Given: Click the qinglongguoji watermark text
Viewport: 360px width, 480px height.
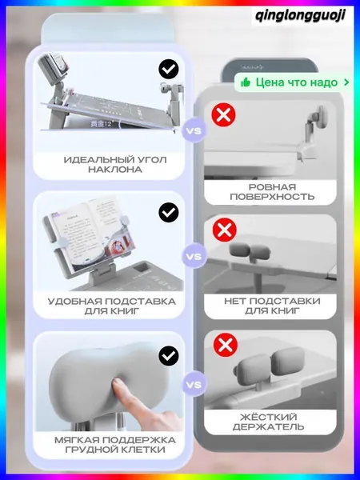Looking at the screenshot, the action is (300, 15).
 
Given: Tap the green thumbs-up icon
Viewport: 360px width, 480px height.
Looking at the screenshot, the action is (246, 82).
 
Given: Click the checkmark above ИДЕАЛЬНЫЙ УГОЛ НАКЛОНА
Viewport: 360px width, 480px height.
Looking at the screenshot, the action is (169, 70).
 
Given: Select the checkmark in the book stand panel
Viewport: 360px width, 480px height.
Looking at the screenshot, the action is (169, 212).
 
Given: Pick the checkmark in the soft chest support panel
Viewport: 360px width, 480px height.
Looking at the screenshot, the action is (169, 356).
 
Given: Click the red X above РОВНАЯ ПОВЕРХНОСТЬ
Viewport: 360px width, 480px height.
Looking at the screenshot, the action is (223, 114).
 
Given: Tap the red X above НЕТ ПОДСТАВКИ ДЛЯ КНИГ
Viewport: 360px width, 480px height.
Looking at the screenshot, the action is (224, 230).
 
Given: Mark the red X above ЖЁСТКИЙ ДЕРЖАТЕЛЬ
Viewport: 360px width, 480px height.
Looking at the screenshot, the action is (226, 345).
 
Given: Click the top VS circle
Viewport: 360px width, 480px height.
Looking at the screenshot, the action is (194, 130).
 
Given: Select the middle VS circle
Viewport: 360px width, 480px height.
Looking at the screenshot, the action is (194, 256).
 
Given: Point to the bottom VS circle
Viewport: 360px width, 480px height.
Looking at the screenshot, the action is (194, 385).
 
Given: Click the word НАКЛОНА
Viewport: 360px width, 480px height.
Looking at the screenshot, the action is (115, 170).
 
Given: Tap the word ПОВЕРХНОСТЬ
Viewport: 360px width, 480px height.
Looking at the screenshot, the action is (272, 197).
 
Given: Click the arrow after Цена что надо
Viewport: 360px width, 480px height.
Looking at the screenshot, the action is (346, 82).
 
